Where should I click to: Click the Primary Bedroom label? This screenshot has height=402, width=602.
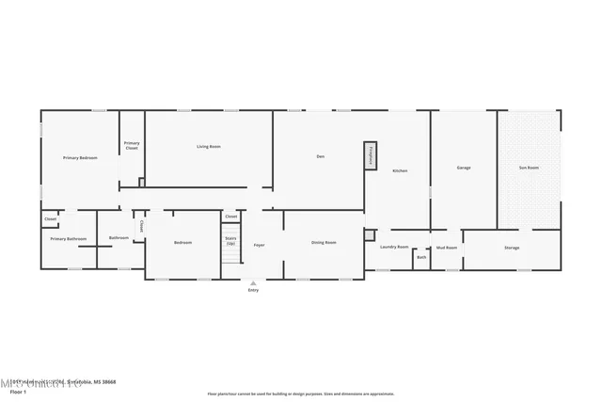click(x=80, y=158)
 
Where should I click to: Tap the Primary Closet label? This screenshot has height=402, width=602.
click(x=132, y=147)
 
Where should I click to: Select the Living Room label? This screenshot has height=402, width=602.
click(x=208, y=147)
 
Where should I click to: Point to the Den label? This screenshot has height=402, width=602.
click(x=320, y=156)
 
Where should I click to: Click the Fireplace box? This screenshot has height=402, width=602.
click(x=371, y=157)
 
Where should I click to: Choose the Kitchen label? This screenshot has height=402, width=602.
click(x=400, y=170)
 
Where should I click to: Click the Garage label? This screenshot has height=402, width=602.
click(x=464, y=168)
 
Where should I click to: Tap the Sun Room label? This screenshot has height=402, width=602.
click(x=530, y=168)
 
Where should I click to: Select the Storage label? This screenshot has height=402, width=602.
click(x=512, y=248)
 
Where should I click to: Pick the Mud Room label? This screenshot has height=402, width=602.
click(x=446, y=248)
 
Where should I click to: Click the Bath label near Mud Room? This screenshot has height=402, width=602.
click(x=421, y=257)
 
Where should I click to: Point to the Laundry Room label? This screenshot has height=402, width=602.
click(x=394, y=247)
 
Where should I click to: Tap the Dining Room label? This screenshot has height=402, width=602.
click(x=324, y=243)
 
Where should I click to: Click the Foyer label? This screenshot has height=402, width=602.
click(x=259, y=246)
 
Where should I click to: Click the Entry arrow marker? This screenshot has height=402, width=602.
click(x=252, y=281)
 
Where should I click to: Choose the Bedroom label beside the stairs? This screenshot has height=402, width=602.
click(x=182, y=243)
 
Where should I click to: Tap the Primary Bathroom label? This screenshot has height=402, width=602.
click(x=69, y=239)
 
